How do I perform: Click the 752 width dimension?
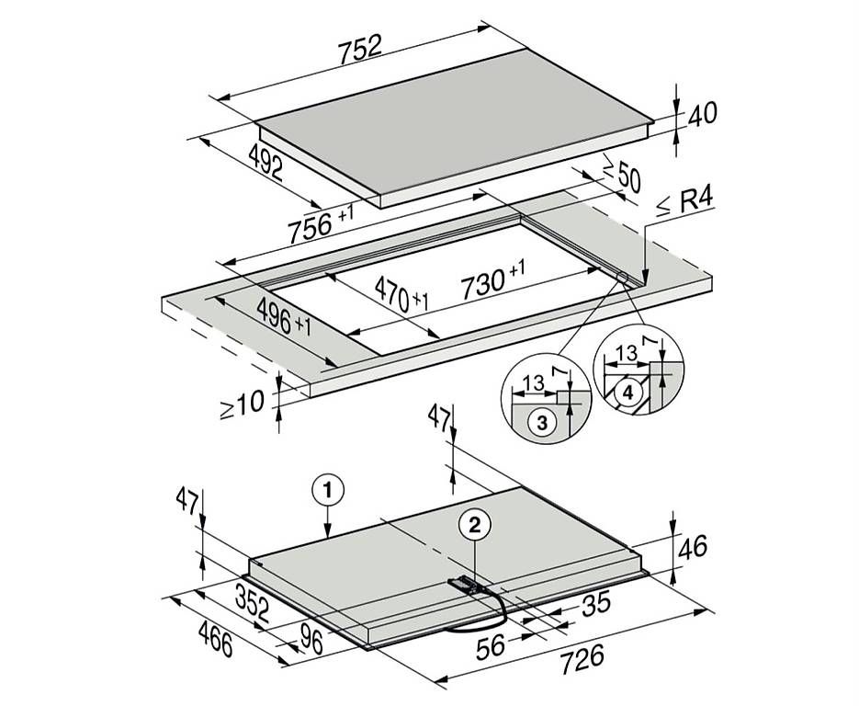[x=359, y=49]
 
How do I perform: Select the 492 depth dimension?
[x=266, y=162]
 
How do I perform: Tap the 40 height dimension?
[x=702, y=114]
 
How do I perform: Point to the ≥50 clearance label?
[x=622, y=174]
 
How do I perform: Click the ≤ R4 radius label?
[x=685, y=203]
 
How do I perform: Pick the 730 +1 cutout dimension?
[x=492, y=280]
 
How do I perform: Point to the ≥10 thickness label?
[x=242, y=405]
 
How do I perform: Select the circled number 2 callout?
[x=475, y=526]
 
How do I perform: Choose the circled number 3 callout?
[x=542, y=423]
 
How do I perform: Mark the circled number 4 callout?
[x=627, y=392]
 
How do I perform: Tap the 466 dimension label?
[x=215, y=638]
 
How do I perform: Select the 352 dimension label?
[x=253, y=603]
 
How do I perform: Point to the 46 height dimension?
[x=693, y=546]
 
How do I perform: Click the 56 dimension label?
[x=491, y=647]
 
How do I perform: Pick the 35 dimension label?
[x=596, y=604]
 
